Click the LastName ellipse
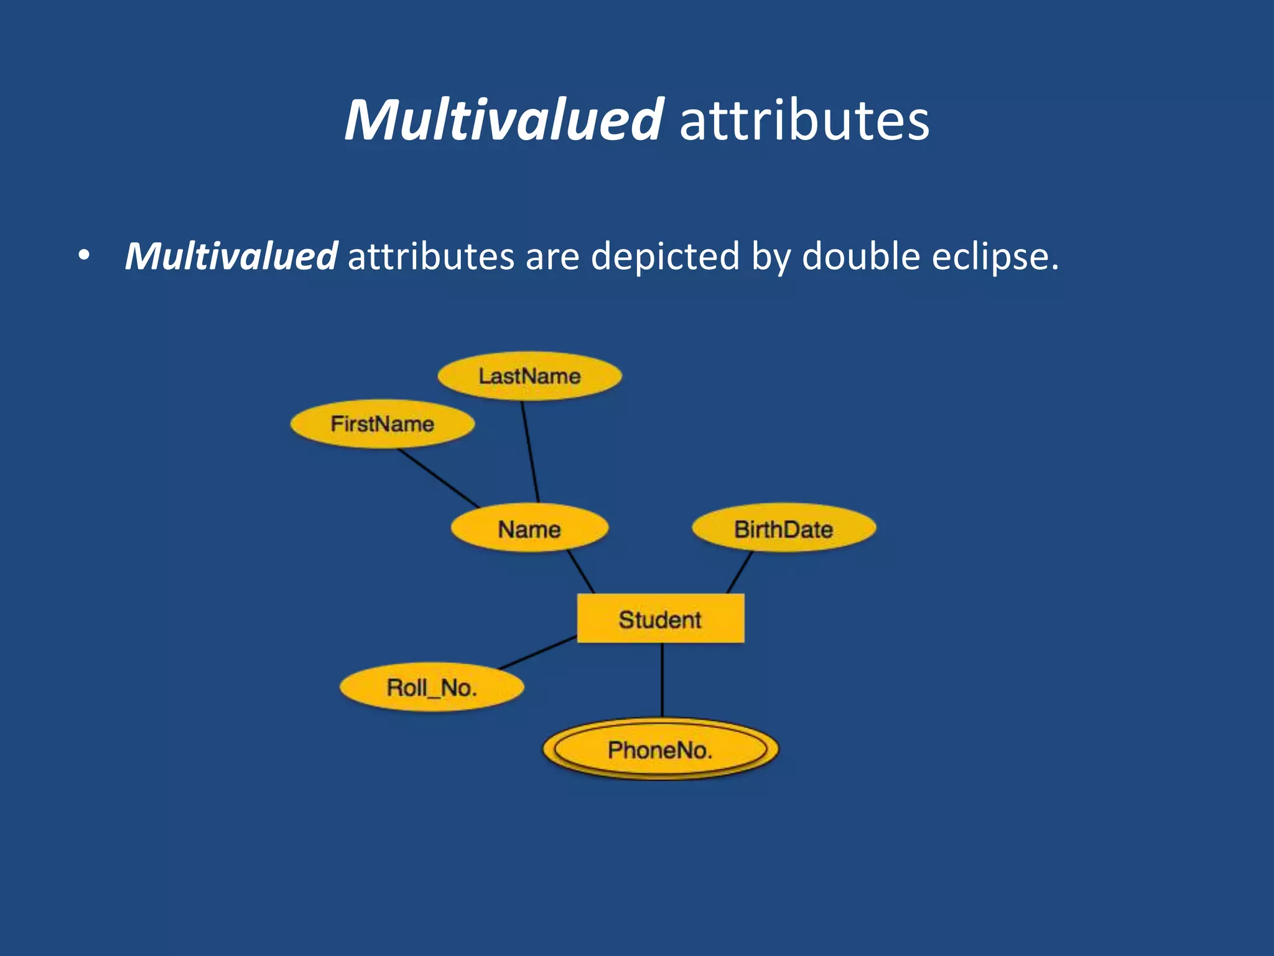(x=529, y=377)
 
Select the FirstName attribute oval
(x=382, y=424)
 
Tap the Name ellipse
(x=529, y=529)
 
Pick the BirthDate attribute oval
(x=783, y=529)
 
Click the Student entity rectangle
(x=660, y=619)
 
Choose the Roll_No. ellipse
(x=432, y=688)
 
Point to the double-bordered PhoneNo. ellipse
(x=660, y=749)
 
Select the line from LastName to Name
(x=530, y=452)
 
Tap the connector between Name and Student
(x=581, y=571)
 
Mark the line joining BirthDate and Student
(x=740, y=572)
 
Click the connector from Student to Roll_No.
(x=538, y=652)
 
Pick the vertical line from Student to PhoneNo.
(x=662, y=680)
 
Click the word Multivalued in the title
(x=504, y=119)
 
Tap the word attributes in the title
(x=804, y=119)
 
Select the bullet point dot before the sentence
(x=84, y=255)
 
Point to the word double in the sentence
(x=860, y=256)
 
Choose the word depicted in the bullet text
(x=664, y=256)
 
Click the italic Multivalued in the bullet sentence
(x=231, y=256)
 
